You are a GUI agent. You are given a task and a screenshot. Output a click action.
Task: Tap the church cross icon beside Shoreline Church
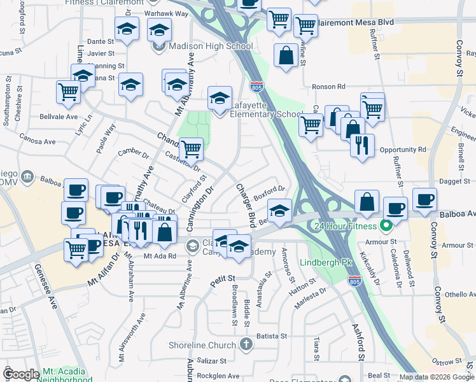coord(246,345)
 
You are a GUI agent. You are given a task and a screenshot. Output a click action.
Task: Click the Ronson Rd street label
coord(328,87)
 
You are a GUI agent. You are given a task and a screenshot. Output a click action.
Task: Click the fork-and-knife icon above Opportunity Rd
coord(362,145)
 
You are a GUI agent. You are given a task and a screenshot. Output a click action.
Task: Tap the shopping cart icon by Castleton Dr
coord(191,150)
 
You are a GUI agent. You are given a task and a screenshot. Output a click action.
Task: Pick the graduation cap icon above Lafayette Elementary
coord(220,98)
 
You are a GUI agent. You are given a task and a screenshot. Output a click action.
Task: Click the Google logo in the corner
coord(22,374)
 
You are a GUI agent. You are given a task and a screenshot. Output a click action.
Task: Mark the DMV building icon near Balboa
coord(27,176)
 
